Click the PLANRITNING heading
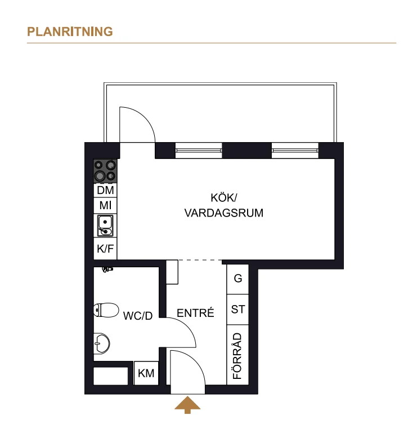(70, 32)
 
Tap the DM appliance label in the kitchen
(105, 190)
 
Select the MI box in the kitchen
(105, 205)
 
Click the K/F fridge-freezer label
(105, 248)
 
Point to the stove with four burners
(105, 171)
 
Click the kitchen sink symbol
(105, 225)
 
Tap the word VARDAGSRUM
(223, 213)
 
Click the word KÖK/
(223, 197)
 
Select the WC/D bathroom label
(138, 316)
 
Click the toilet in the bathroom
(106, 310)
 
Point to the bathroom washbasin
(101, 343)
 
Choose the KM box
(146, 373)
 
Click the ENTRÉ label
(195, 313)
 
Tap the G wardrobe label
(238, 278)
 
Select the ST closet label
(238, 309)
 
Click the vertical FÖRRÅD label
(237, 356)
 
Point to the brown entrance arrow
(187, 405)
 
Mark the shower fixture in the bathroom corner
(107, 269)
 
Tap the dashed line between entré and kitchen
(200, 261)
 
